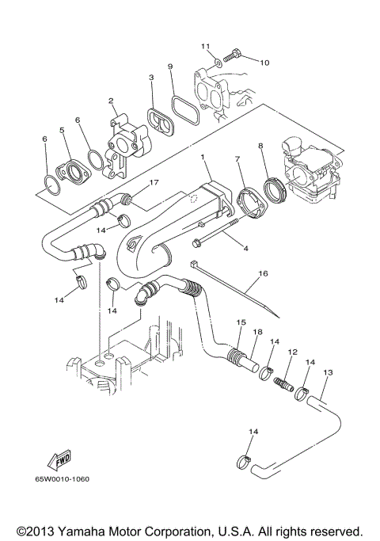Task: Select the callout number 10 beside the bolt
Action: pos(264,62)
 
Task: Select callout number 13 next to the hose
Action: pos(327,371)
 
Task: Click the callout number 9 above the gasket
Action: pos(169,67)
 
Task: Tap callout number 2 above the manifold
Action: pos(112,101)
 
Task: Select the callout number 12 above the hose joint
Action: pos(292,351)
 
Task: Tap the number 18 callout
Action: pos(256,333)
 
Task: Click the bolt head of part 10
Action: pos(235,56)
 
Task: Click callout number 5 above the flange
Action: pos(61,130)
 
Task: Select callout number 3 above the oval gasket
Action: pos(150,78)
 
